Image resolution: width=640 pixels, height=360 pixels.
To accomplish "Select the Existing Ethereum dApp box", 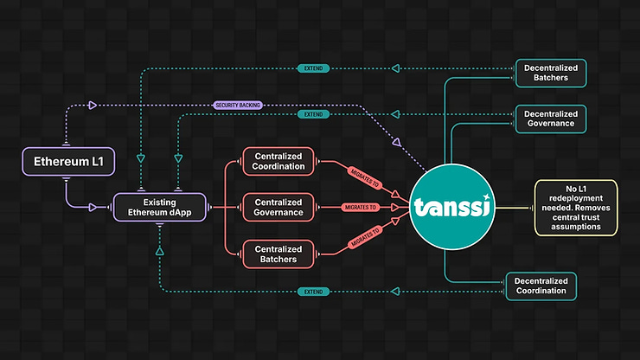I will [160, 208].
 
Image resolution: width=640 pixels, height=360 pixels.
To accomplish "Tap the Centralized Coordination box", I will [279, 160].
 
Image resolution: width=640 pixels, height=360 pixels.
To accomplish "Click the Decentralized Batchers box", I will [550, 73].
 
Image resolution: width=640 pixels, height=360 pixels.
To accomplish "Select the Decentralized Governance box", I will [550, 117].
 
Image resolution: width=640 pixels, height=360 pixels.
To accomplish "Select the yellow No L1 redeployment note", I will [575, 208].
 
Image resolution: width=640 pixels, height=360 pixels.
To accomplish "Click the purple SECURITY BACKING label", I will [237, 106].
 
